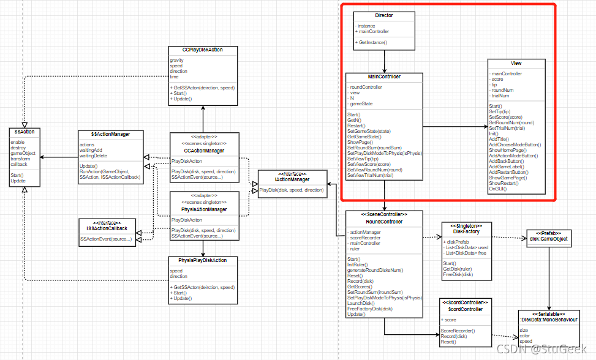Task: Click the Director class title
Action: tap(384, 16)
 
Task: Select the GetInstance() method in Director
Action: tap(372, 43)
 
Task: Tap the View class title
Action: tap(516, 64)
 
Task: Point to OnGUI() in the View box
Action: tap(498, 189)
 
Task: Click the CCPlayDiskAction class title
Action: tap(202, 50)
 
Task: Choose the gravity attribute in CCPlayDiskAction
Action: tap(178, 61)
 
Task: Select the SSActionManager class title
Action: tap(110, 135)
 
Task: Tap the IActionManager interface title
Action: tap(293, 179)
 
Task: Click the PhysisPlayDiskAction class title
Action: tap(202, 260)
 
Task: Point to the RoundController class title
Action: tap(385, 222)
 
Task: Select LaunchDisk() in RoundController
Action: tap(361, 303)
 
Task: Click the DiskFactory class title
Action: tap(461, 231)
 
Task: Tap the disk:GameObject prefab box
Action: tap(549, 238)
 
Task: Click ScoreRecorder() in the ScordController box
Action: tap(458, 331)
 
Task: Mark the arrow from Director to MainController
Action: tap(384, 61)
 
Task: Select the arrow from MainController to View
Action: tap(455, 127)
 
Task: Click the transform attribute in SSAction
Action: tap(21, 159)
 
